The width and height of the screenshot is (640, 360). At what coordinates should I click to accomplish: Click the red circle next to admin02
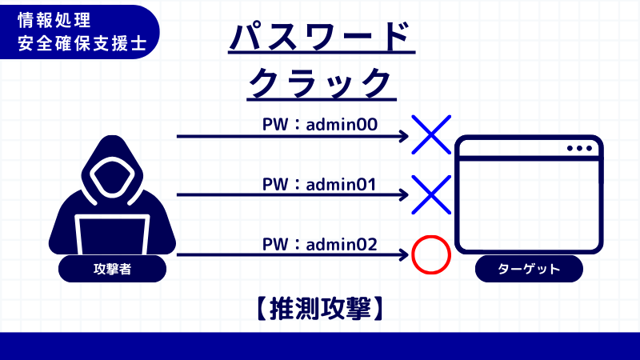pos(431,255)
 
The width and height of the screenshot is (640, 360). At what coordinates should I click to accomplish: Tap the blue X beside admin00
pos(431,134)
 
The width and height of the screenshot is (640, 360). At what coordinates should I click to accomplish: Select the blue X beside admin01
pos(431,194)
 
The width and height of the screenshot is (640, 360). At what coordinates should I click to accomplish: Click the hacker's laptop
pos(112,235)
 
